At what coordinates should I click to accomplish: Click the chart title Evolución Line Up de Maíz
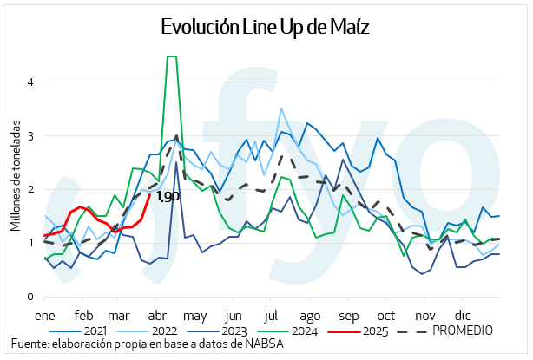[x=266, y=29]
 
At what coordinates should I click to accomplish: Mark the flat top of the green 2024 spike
[x=172, y=56]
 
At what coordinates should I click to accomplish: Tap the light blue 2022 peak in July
[x=280, y=108]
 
